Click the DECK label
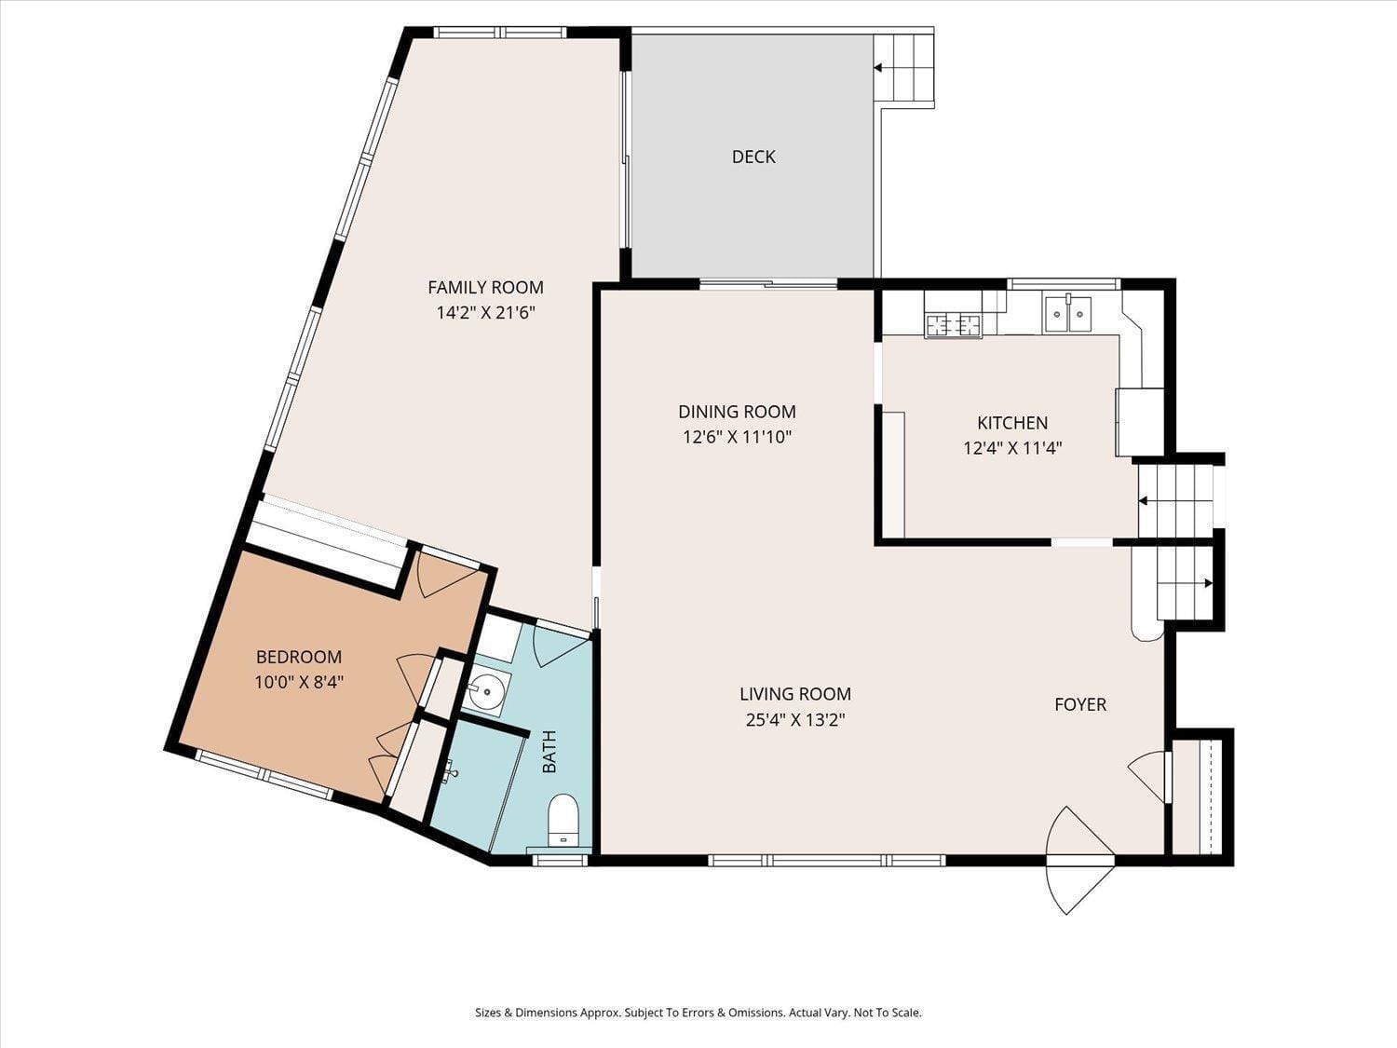click(753, 157)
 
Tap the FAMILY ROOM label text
click(485, 287)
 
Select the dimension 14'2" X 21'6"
click(485, 313)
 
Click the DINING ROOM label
click(737, 411)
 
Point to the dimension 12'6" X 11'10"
click(737, 437)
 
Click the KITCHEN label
click(1012, 422)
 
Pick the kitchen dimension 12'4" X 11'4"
click(1012, 448)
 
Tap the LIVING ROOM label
click(795, 693)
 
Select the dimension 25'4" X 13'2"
click(795, 719)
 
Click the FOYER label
click(1080, 704)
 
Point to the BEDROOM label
click(299, 656)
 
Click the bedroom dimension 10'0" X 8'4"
click(299, 682)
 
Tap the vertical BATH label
click(549, 751)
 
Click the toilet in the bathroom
click(563, 819)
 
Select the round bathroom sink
click(486, 692)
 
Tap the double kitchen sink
click(1067, 314)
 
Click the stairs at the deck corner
click(903, 68)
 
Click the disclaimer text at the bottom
click(698, 1013)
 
